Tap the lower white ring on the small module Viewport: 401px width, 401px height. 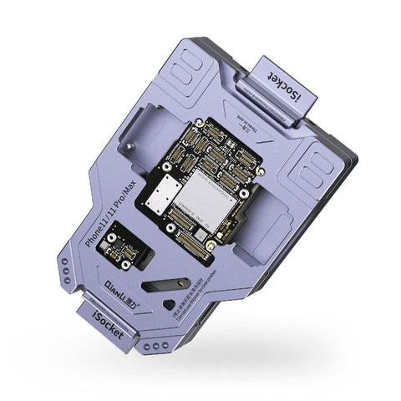[x=125, y=263]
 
